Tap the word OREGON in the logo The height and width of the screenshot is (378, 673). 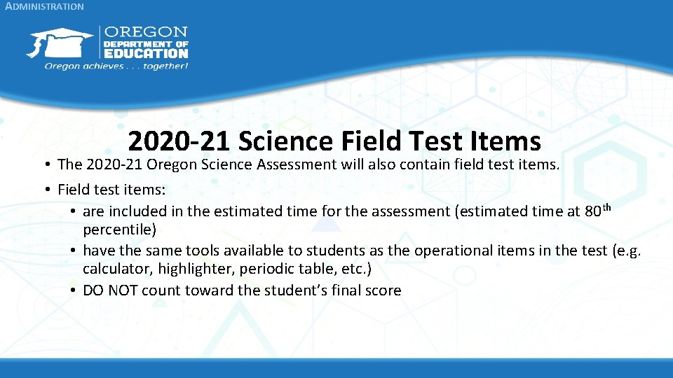pos(146,32)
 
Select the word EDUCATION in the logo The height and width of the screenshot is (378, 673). pos(146,52)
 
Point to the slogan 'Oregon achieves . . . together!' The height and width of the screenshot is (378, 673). pos(116,66)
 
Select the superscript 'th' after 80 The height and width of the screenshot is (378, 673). pos(608,207)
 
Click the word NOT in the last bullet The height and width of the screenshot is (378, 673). pos(123,290)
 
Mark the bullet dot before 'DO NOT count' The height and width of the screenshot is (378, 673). pos(74,290)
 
